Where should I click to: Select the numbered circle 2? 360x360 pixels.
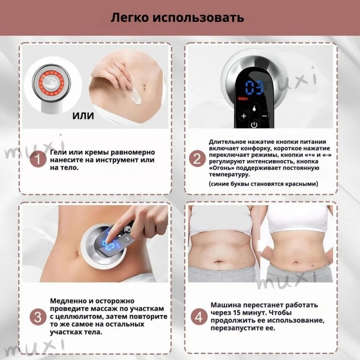click(197, 159)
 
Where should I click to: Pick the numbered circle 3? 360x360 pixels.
click(38, 317)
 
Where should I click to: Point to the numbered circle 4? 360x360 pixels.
click(199, 317)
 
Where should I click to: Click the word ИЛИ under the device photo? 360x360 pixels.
click(83, 116)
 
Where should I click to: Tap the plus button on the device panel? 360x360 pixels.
click(244, 116)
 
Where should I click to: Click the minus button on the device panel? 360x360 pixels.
click(265, 116)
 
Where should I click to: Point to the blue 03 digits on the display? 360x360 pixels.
click(254, 87)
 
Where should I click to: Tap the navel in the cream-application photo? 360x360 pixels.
click(144, 88)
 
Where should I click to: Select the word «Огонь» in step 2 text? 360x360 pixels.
click(221, 168)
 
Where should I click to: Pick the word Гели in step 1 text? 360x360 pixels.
click(58, 152)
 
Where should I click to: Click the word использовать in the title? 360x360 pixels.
click(198, 18)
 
